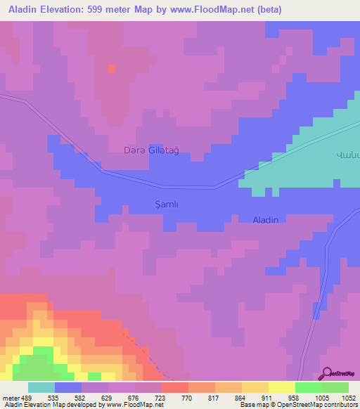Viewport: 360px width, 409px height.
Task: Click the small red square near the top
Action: [111, 68]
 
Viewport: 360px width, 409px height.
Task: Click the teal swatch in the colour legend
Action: [41, 387]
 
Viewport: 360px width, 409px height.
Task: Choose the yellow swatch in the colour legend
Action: [282, 387]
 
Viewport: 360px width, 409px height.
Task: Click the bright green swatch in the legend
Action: [309, 387]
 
